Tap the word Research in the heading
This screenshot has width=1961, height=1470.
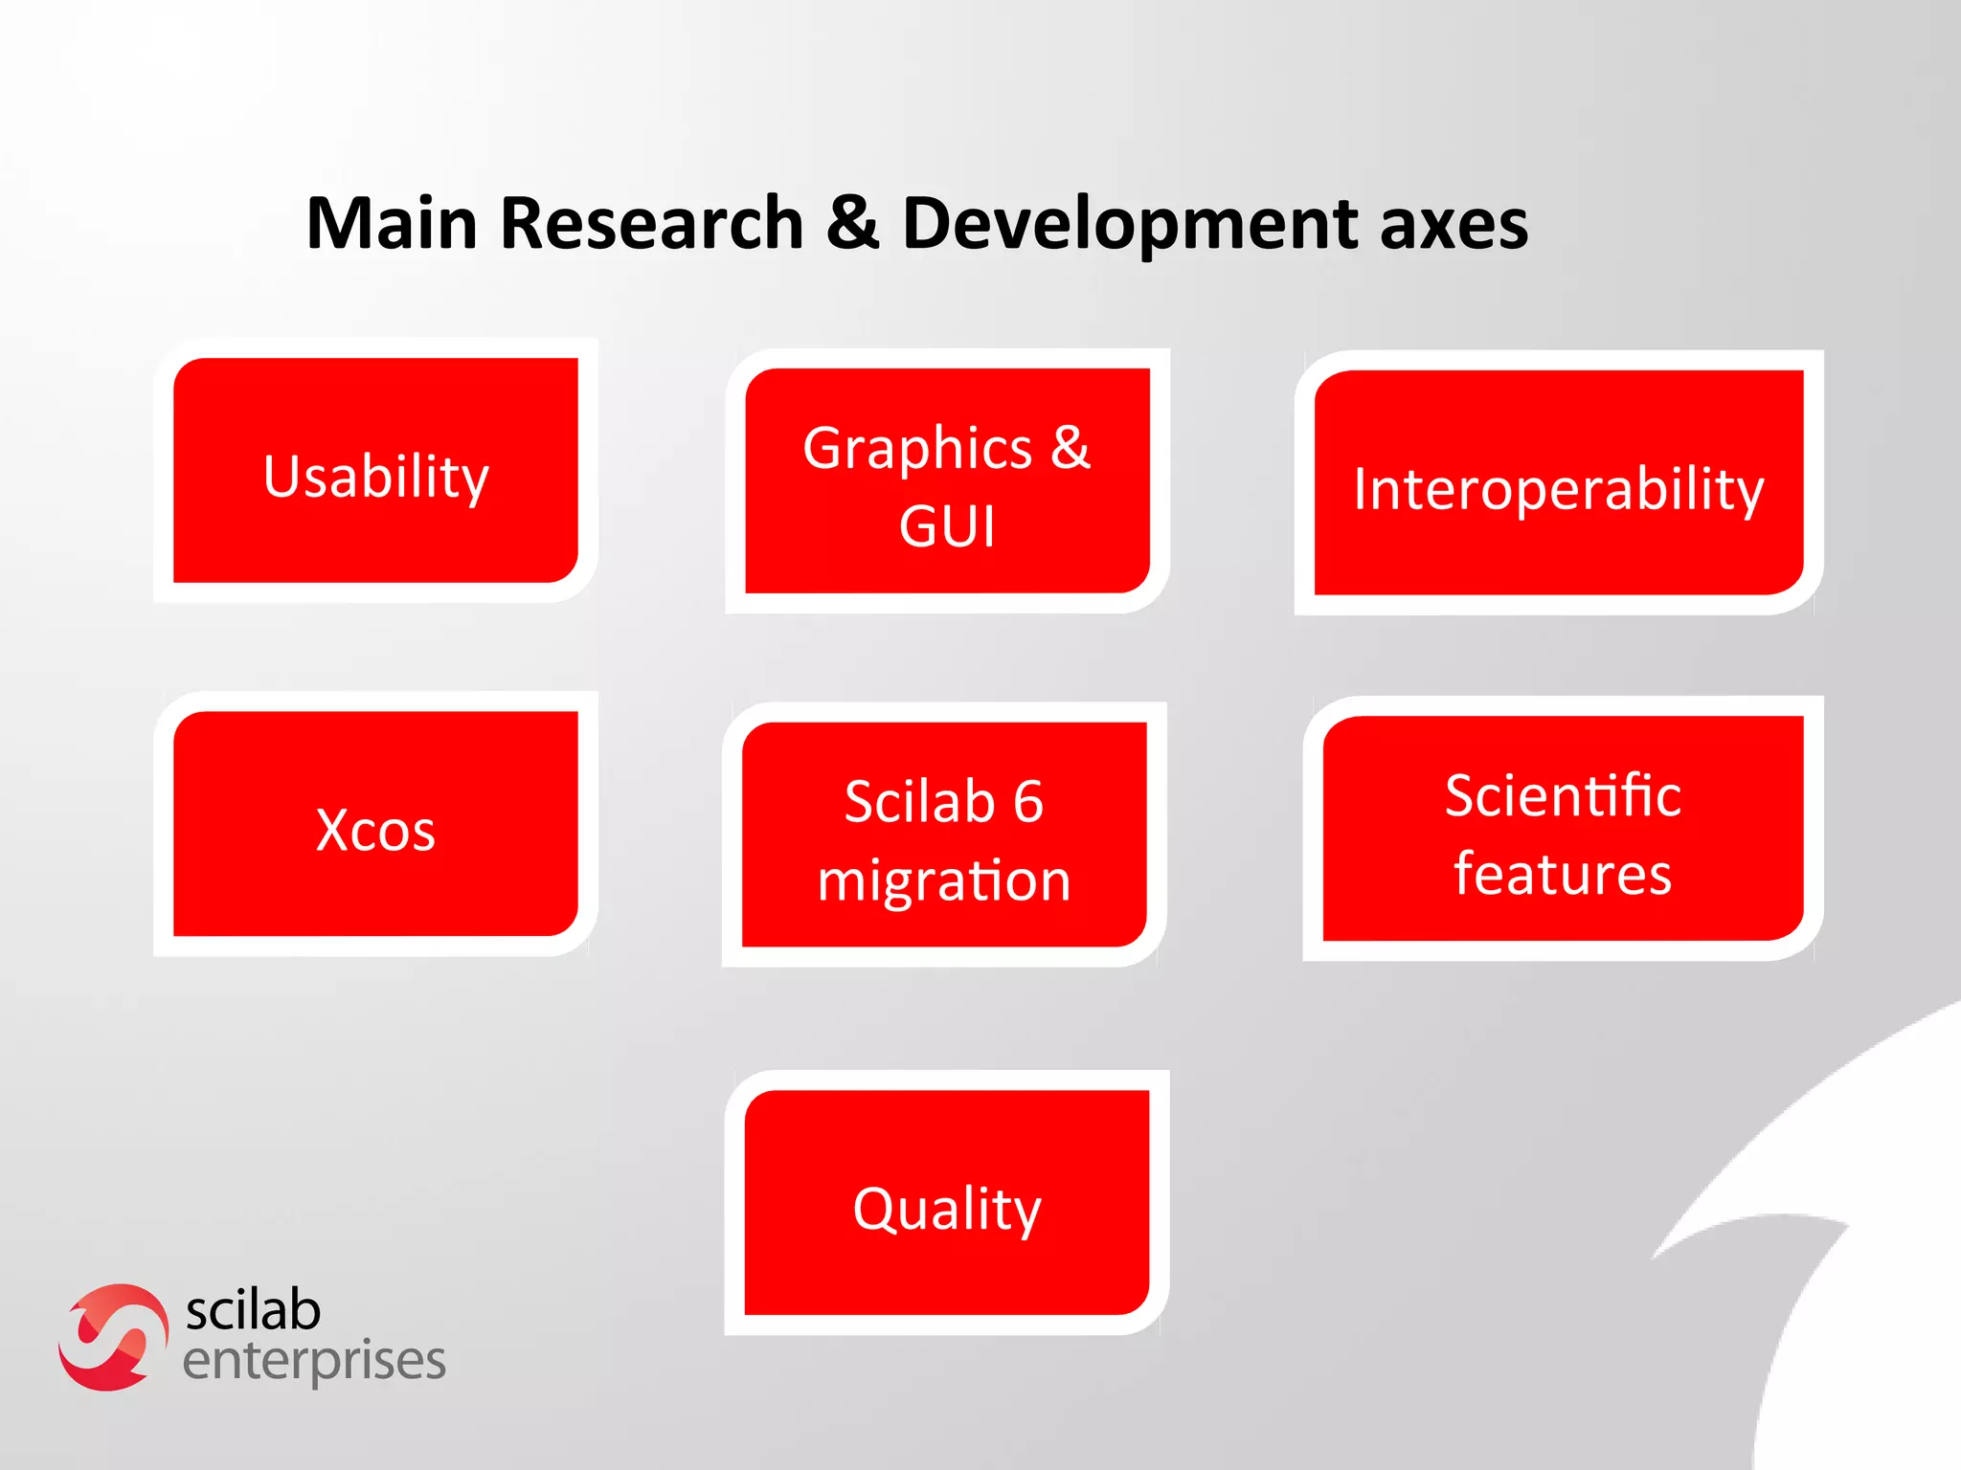pyautogui.click(x=651, y=223)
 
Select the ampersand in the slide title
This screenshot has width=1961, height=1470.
pyautogui.click(x=852, y=223)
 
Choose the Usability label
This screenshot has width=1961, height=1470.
pyautogui.click(x=375, y=477)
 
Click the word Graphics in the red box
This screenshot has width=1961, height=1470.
pyautogui.click(x=917, y=448)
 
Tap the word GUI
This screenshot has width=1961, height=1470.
pyautogui.click(x=947, y=526)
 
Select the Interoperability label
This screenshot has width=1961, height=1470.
pyautogui.click(x=1558, y=489)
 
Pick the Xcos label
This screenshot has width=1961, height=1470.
pyautogui.click(x=375, y=830)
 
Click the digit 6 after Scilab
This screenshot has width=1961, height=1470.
pyautogui.click(x=1027, y=801)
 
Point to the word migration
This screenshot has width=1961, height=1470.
pyautogui.click(x=944, y=880)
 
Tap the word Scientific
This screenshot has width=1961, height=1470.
pyautogui.click(x=1563, y=795)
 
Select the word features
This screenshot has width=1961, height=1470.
pyautogui.click(x=1563, y=874)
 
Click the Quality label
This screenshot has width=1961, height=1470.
pyautogui.click(x=947, y=1209)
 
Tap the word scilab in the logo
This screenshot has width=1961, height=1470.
pyautogui.click(x=253, y=1310)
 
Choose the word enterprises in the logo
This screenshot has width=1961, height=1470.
pyautogui.click(x=314, y=1361)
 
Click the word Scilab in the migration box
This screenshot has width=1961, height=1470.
pyautogui.click(x=919, y=801)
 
